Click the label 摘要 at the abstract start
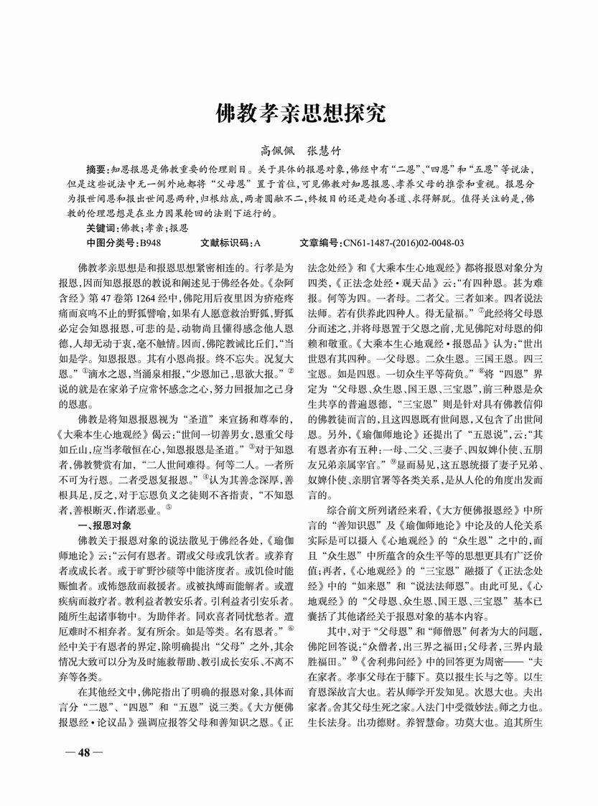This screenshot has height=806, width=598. [x=95, y=169]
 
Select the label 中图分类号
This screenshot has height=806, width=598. [x=112, y=243]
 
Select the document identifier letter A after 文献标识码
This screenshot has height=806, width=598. [x=256, y=243]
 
